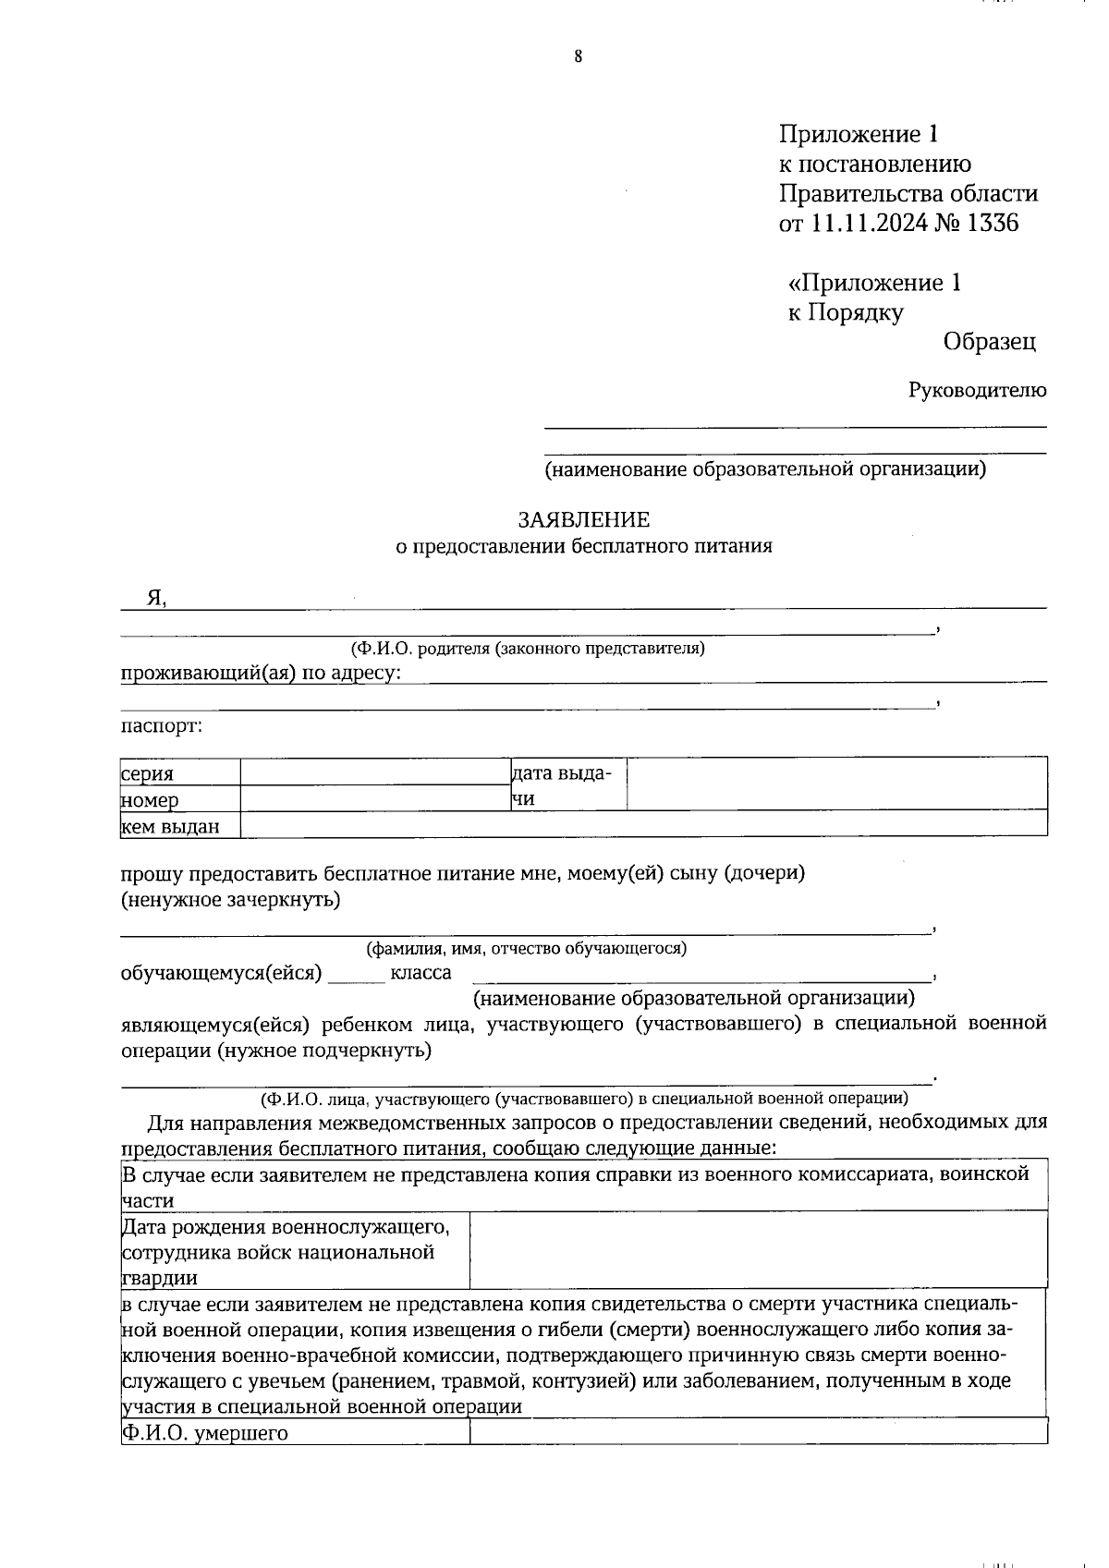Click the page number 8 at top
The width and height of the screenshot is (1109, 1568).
(x=579, y=57)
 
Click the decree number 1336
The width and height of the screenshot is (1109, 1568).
(x=992, y=223)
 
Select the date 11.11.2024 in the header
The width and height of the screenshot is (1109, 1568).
(x=871, y=223)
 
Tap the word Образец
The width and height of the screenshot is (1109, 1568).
(x=990, y=342)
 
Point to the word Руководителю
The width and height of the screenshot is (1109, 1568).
(x=978, y=390)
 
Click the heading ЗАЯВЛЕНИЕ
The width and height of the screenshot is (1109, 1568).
(x=584, y=520)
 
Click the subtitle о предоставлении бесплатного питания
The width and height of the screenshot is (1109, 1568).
(x=584, y=546)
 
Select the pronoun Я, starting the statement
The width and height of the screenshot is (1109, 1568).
(x=156, y=599)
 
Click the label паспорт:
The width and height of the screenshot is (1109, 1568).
(x=162, y=725)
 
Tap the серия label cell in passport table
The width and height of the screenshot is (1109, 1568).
(x=180, y=773)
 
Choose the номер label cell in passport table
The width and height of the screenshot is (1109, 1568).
(x=180, y=799)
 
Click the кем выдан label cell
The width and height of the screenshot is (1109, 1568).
(x=180, y=826)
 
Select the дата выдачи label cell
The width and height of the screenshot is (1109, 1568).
(x=567, y=785)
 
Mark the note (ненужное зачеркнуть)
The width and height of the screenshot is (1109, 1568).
(x=231, y=899)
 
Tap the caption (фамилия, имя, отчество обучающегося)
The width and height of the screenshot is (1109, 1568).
(x=526, y=948)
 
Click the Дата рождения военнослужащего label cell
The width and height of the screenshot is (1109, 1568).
(x=294, y=1252)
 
